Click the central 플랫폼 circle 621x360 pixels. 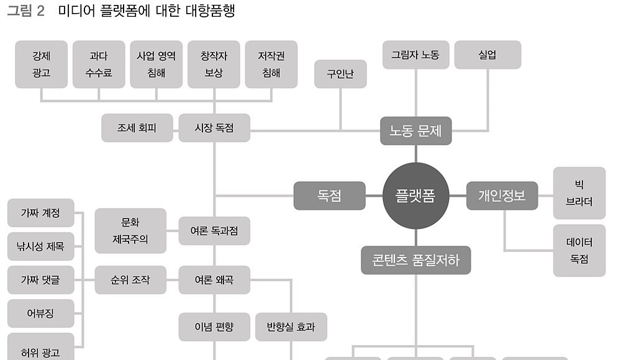pos(416,196)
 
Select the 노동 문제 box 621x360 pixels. pos(416,131)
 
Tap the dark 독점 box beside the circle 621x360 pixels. pos(330,196)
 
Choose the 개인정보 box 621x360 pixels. pos(502,196)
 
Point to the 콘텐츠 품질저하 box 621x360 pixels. pos(416,260)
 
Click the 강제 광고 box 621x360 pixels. pos(41,64)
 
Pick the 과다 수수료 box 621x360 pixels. pos(99,64)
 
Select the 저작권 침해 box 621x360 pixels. pos(271,64)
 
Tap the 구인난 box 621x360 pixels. pos(340,74)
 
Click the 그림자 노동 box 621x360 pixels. pos(416,55)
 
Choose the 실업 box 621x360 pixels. pos(487,55)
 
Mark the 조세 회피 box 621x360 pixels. pos(137,128)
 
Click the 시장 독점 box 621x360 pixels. pos(214,128)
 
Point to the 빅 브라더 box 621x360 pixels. pos(579,193)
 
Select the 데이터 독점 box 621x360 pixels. pos(579,251)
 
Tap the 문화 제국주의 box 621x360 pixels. pos(130,231)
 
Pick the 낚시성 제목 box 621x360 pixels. pos(41,246)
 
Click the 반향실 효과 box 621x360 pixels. pos(291,326)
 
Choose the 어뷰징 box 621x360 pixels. pos(41,313)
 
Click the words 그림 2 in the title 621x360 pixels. pos(25,11)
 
